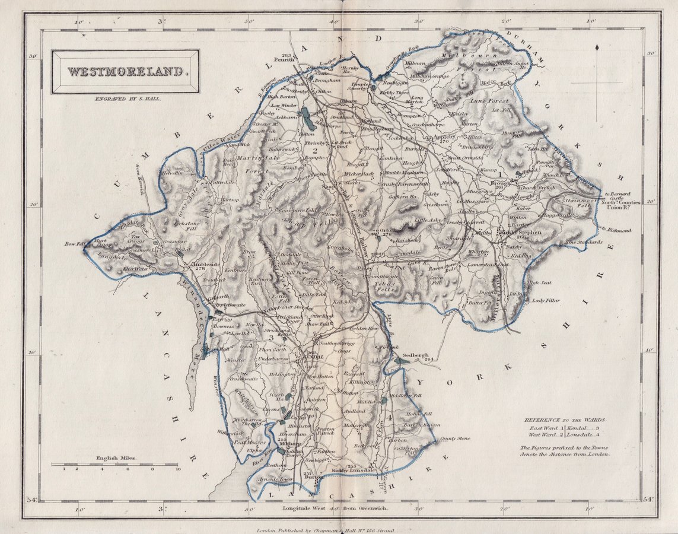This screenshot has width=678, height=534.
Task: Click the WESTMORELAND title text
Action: (x=125, y=72)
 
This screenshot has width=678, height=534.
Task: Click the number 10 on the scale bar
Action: (x=177, y=469)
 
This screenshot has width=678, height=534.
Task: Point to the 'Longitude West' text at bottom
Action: (x=303, y=508)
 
